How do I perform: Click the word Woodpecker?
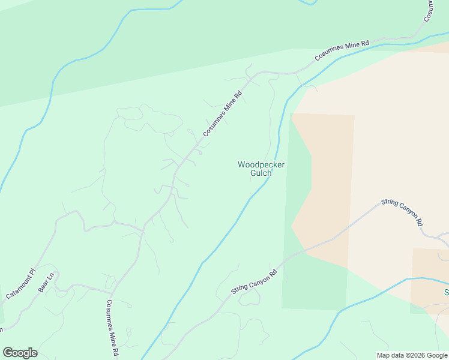pos(261,164)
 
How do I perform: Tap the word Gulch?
pos(261,173)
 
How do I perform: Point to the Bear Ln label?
pos(47,283)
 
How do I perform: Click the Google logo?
pos(20,353)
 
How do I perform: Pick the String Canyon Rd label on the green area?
pos(254,282)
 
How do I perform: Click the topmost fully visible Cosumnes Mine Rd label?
pos(342,52)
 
